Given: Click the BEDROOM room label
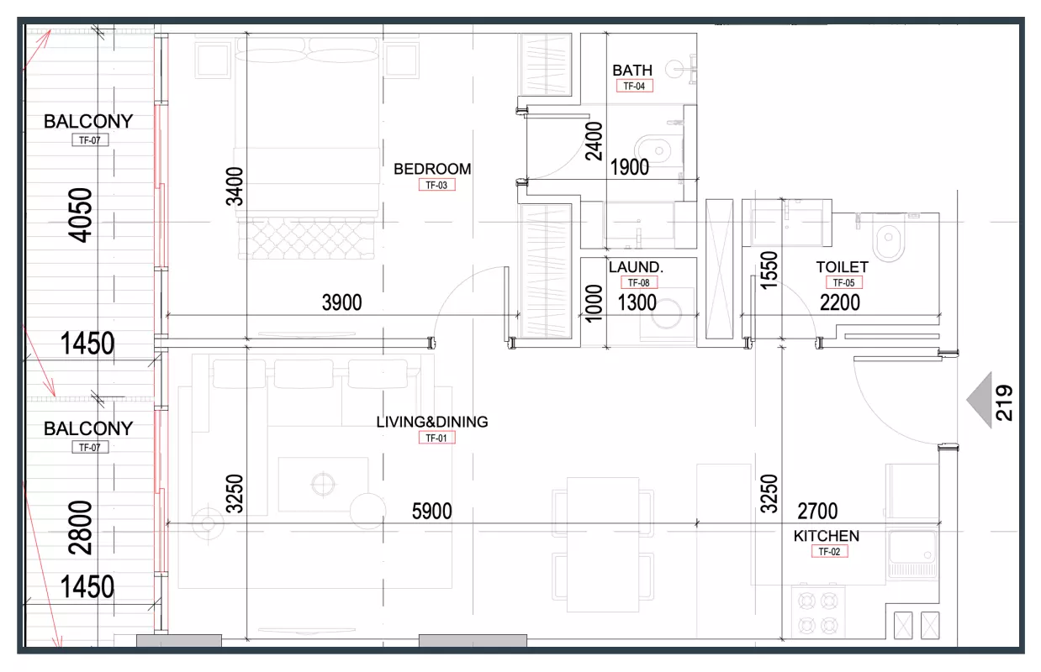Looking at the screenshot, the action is point(432,169).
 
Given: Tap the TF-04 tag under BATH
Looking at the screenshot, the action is point(634,86).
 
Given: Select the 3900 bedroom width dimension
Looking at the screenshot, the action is point(342,302).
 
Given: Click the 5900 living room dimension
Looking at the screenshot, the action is point(431,512).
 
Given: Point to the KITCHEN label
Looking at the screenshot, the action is point(827,536).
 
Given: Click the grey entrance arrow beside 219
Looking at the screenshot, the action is point(979,400).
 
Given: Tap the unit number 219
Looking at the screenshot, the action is point(1004,402).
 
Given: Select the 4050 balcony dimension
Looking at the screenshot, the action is point(80,215).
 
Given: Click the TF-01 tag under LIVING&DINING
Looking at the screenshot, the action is point(437,438).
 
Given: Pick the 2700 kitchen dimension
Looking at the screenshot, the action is point(817,512).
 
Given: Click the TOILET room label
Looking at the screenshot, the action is point(842,267).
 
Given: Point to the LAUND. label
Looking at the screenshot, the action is point(636,267).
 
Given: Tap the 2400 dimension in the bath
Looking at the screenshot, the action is point(594,141).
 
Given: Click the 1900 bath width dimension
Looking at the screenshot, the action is point(629,167).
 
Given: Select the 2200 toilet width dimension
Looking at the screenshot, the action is point(840,302).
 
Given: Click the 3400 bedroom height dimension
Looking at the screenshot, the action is point(235,186).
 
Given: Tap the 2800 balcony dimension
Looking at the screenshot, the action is point(80,528).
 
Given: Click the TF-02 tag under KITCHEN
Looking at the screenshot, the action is point(830,552).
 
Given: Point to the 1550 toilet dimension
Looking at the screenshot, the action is point(769,270).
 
